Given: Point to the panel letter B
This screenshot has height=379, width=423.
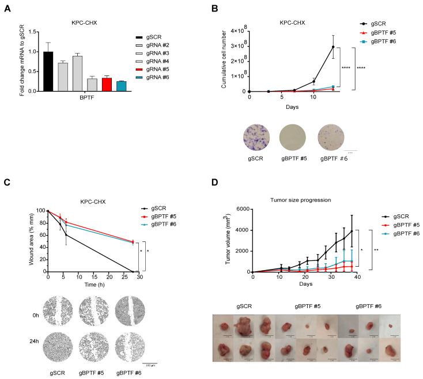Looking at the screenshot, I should (214, 8).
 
